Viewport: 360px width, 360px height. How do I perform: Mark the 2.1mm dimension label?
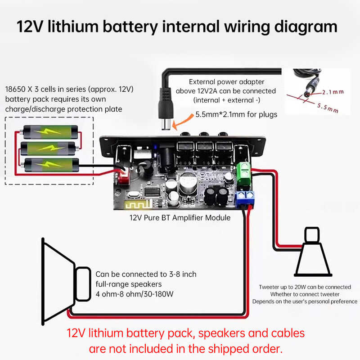point(333,92)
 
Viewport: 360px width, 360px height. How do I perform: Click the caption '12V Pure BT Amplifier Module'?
point(180,218)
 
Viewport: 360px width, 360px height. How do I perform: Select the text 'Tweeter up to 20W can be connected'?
point(305,287)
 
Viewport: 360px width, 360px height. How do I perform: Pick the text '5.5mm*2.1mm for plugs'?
point(236,114)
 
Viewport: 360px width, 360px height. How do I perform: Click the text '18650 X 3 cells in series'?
point(47,89)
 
